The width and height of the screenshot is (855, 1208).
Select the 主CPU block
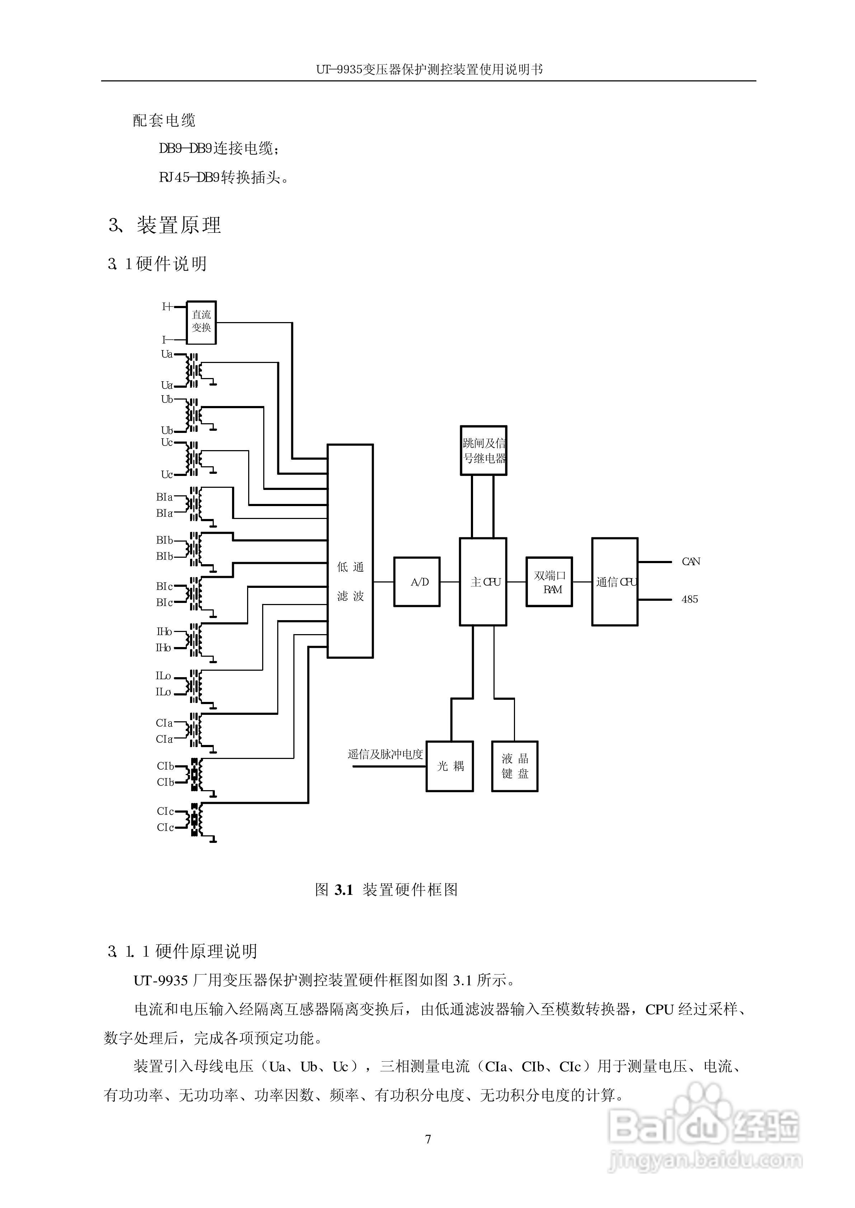point(483,582)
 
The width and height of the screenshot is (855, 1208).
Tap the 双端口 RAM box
point(549,582)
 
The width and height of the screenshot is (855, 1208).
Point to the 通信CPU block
point(614,582)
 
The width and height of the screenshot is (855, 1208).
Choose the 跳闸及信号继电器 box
point(483,450)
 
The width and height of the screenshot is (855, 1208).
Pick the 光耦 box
point(450,766)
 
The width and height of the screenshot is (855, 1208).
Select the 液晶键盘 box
point(514,766)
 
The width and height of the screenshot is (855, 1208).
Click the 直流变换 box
point(202,322)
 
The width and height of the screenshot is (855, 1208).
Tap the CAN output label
point(691,562)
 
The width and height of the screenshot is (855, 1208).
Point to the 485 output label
point(690,599)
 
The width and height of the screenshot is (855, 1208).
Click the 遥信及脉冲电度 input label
point(386,754)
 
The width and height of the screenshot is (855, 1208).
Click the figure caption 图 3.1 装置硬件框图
point(386,890)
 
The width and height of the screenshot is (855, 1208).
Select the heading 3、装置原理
point(165,225)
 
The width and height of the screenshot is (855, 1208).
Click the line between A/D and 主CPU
point(450,582)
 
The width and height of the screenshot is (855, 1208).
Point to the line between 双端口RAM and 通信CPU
point(582,582)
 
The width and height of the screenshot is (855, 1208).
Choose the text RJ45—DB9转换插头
point(224,178)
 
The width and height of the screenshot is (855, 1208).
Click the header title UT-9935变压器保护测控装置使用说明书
point(429,70)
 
